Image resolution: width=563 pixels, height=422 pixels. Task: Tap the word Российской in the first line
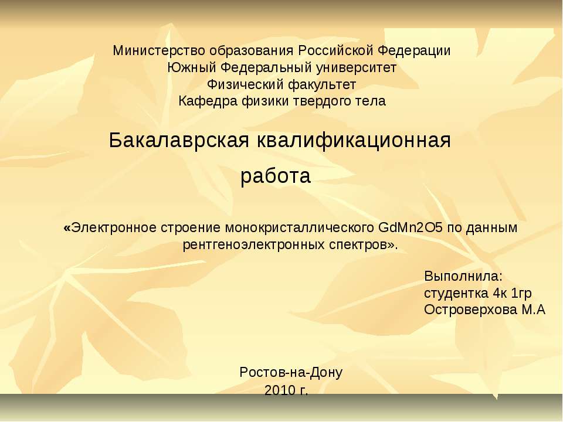point(335,51)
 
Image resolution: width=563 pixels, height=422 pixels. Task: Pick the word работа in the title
point(276,176)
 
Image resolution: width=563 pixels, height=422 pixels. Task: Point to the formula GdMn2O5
point(411,227)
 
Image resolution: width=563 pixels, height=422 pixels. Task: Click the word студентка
point(454,293)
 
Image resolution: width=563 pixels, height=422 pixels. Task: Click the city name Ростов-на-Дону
point(291,372)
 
